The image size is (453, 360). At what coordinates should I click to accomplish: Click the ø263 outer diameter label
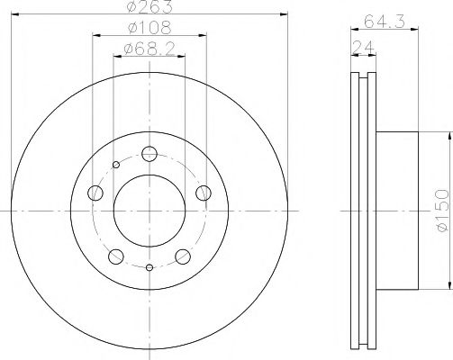[x=149, y=8]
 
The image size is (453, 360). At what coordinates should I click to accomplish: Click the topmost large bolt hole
[x=149, y=153]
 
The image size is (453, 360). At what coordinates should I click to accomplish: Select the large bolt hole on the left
[x=95, y=192]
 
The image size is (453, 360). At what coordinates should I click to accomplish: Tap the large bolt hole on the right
[x=204, y=191]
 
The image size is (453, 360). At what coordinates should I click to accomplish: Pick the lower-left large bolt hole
[x=115, y=256]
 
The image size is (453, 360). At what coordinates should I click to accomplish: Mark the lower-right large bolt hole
[x=184, y=256]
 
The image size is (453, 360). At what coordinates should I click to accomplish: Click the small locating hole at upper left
[x=115, y=165]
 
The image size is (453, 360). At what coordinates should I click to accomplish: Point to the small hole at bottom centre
[x=149, y=267]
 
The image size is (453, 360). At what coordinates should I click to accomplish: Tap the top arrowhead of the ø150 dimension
[x=448, y=135]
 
